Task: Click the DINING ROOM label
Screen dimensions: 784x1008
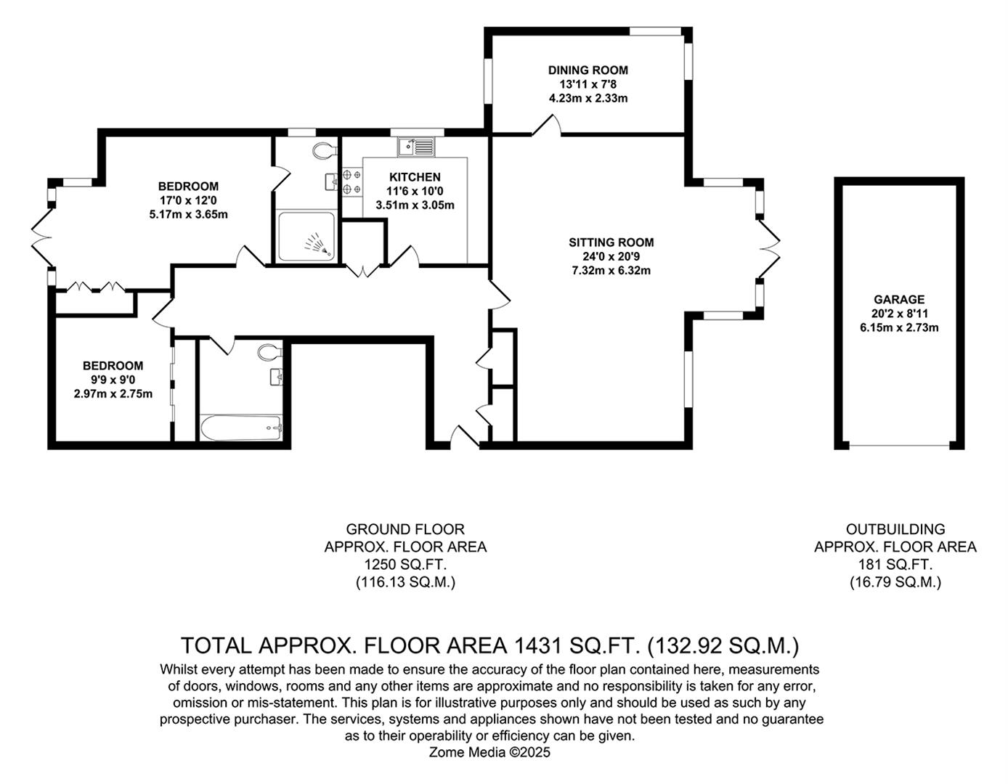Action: pyautogui.click(x=588, y=70)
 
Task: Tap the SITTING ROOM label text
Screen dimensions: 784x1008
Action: pyautogui.click(x=611, y=242)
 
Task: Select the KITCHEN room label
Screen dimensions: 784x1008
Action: pyautogui.click(x=415, y=177)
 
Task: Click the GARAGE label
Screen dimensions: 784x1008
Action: pyautogui.click(x=899, y=299)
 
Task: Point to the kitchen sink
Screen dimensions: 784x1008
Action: pyautogui.click(x=416, y=147)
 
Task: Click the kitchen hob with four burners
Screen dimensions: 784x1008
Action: pyautogui.click(x=352, y=181)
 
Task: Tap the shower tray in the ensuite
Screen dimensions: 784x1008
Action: pyautogui.click(x=306, y=236)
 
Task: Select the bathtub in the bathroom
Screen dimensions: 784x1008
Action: pyautogui.click(x=240, y=428)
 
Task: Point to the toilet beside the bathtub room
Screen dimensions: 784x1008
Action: pyautogui.click(x=269, y=353)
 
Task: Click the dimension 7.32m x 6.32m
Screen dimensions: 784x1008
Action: pyautogui.click(x=611, y=271)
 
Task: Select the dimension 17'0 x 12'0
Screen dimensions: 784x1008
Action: pyautogui.click(x=188, y=200)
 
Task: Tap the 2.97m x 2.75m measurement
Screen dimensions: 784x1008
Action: pyautogui.click(x=113, y=394)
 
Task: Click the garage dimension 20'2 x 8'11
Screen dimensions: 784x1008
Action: pyautogui.click(x=899, y=314)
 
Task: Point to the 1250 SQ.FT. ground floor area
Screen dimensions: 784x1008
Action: pyautogui.click(x=405, y=564)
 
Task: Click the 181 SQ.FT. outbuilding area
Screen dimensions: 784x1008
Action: pyautogui.click(x=895, y=564)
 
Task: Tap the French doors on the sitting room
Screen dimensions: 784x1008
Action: pyautogui.click(x=769, y=248)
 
